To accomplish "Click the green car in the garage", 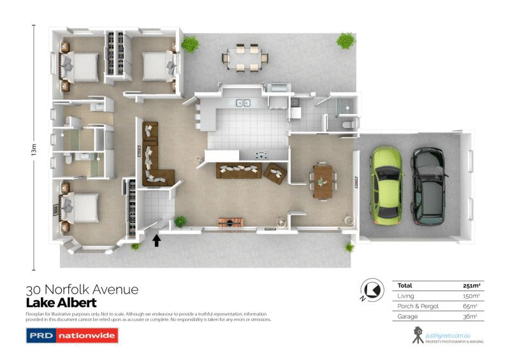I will [x=386, y=185].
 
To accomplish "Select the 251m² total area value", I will [x=470, y=285].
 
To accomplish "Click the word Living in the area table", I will [x=405, y=296].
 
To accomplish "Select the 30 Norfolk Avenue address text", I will [x=82, y=290].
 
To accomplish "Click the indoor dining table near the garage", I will [x=322, y=180].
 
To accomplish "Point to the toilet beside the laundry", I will [x=346, y=126].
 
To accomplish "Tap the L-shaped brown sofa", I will [x=154, y=156].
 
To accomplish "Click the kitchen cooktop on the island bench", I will [x=261, y=154].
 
